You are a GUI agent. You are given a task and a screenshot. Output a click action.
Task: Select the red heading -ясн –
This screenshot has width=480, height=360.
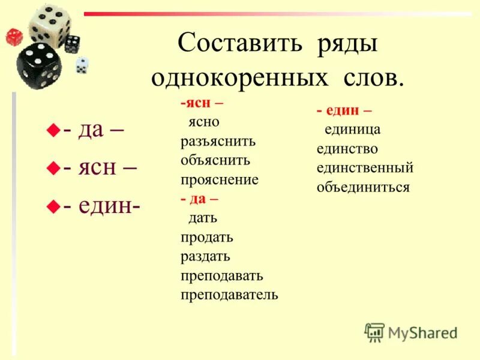coord(201,103)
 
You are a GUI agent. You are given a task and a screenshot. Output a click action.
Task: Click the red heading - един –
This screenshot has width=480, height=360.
coord(344,110)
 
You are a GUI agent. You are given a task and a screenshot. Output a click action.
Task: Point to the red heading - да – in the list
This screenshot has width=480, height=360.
coord(200,199)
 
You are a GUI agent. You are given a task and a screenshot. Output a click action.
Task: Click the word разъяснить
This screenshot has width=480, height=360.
coord(218,142)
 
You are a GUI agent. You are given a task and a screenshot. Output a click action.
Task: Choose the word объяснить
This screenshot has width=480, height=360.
coord(215,161)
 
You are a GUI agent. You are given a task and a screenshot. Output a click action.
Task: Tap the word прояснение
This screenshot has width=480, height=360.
coord(220,180)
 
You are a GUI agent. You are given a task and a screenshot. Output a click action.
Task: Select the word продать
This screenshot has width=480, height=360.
coord(207,238)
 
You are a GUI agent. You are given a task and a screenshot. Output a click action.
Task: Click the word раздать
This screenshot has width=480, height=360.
coord(205,256)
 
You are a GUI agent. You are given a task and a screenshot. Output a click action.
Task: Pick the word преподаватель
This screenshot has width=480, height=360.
coord(229,295)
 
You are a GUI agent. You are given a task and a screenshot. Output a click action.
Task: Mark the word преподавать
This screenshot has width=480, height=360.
coord(222,275)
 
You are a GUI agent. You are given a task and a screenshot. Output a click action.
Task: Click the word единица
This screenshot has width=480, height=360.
coord(353,130)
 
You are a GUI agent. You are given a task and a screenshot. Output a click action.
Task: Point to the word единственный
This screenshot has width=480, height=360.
coord(365,168)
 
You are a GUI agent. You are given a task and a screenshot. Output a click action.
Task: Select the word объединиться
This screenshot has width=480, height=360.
coord(363,187)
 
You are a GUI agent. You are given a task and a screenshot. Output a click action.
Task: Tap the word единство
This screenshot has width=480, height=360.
coord(347,149)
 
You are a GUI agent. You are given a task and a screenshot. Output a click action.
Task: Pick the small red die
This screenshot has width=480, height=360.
coord(14,37)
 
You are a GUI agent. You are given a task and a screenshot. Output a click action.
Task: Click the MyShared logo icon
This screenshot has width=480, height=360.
coord(374,331)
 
